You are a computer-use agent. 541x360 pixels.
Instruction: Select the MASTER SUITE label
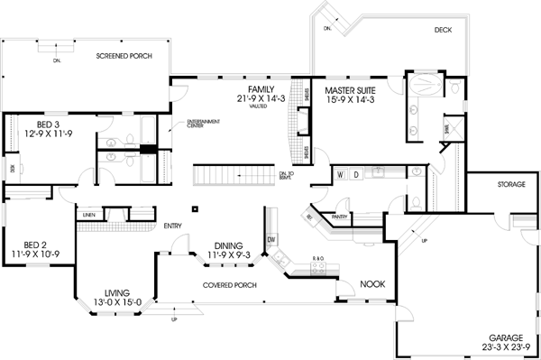click(x=352, y=90)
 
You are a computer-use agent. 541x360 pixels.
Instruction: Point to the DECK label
click(x=442, y=30)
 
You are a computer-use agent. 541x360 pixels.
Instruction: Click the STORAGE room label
click(x=511, y=184)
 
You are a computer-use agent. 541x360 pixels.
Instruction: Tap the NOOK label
click(x=372, y=284)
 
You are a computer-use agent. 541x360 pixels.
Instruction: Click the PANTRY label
click(x=340, y=217)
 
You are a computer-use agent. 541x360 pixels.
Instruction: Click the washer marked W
click(x=342, y=172)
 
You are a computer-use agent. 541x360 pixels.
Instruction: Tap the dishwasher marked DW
click(x=271, y=239)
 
